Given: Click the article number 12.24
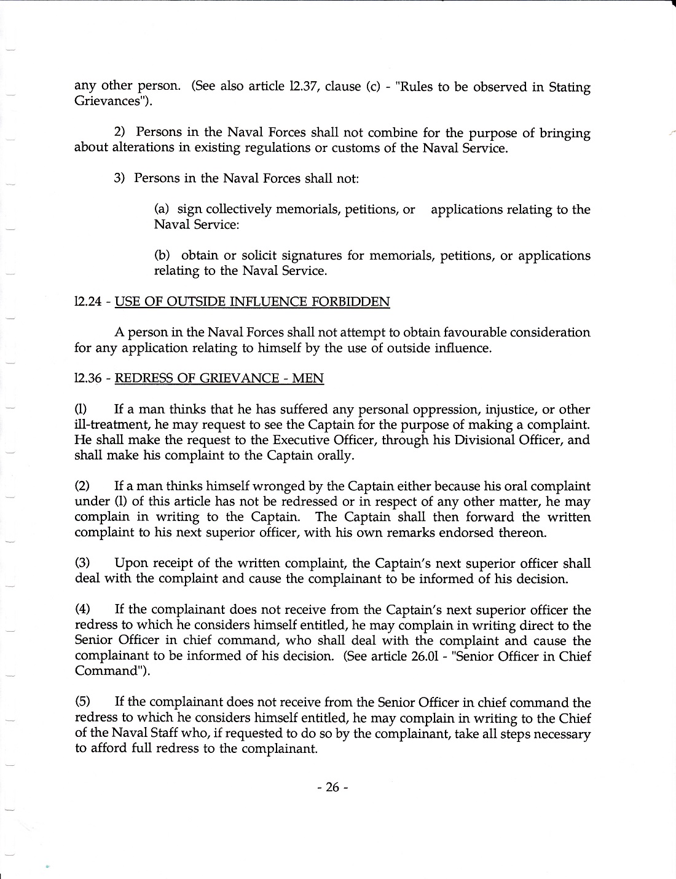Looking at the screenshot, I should click(87, 302).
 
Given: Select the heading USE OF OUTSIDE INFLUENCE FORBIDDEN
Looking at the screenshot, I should click(252, 302).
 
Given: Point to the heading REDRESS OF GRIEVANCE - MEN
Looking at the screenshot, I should click(219, 379).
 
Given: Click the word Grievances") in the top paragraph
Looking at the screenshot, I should click(114, 101).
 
